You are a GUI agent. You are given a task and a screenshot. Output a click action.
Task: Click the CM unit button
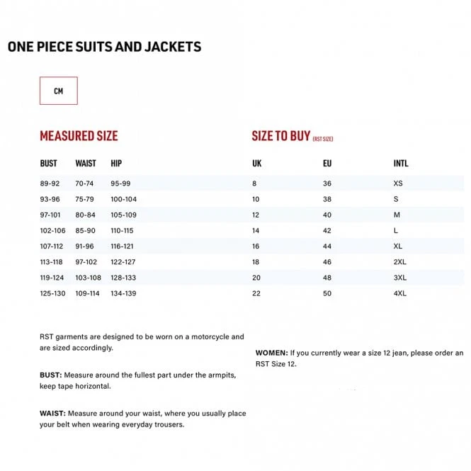(x=58, y=91)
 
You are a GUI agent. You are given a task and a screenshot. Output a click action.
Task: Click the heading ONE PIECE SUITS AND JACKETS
(x=104, y=47)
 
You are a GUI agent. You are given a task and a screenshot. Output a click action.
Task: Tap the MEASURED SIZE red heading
(x=79, y=136)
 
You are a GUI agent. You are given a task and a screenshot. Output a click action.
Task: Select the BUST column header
(x=49, y=164)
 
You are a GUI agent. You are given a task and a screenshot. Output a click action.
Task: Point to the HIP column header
(x=116, y=164)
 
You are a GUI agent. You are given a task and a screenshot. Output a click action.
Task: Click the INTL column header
(x=401, y=164)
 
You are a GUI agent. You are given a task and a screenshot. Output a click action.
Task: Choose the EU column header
(x=327, y=164)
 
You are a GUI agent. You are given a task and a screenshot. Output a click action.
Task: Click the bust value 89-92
(x=50, y=183)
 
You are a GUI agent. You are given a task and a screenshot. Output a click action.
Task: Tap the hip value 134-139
(x=123, y=293)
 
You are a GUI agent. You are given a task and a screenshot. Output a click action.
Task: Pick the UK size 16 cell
(x=256, y=246)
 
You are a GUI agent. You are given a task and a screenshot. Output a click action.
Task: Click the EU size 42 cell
(x=327, y=231)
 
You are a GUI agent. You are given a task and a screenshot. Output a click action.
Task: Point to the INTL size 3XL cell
(x=400, y=278)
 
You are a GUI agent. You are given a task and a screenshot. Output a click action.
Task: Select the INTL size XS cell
(x=398, y=183)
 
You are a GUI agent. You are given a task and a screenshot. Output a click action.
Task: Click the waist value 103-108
(x=89, y=278)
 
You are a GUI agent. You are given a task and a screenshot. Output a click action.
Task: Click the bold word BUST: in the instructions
(x=51, y=374)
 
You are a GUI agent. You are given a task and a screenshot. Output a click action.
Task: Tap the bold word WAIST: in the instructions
(x=53, y=413)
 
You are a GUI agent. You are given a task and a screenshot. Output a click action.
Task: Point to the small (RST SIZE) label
(x=322, y=139)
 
